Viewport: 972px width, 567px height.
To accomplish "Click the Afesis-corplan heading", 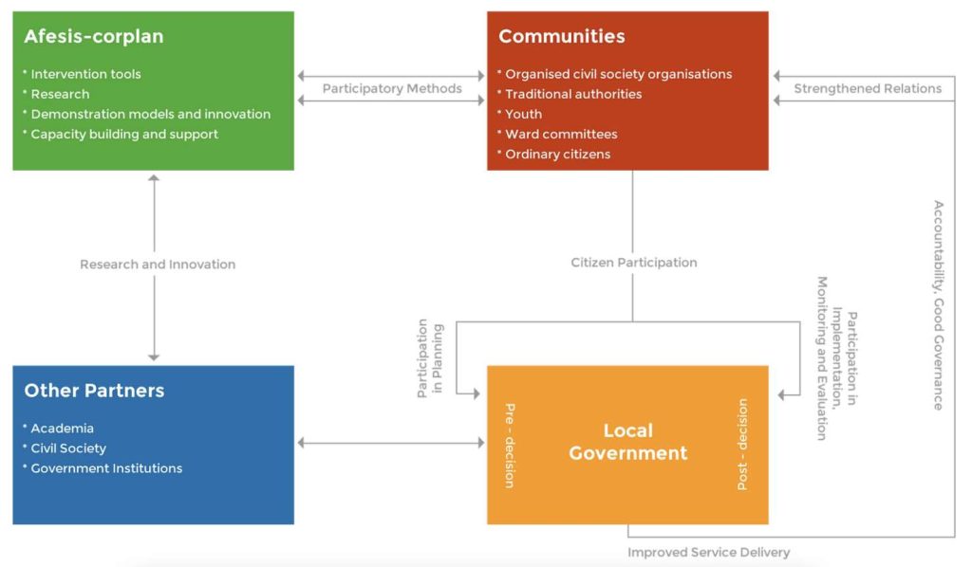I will [x=94, y=37].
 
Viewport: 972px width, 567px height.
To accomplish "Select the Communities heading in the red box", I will [x=562, y=37].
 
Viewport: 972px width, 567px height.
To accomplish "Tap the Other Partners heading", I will [x=94, y=391].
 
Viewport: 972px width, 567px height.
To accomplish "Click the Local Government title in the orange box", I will [x=627, y=442].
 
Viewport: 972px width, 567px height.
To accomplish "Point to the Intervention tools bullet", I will [x=85, y=74].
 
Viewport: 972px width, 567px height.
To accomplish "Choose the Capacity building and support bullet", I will [x=124, y=134].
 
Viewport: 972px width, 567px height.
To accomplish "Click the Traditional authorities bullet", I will [x=573, y=94].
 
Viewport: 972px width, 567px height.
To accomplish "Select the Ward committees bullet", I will [x=561, y=134].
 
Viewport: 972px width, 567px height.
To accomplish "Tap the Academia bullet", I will [x=62, y=429].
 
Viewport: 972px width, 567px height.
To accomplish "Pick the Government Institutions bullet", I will [x=106, y=468].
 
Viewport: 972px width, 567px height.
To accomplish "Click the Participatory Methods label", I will [x=392, y=88].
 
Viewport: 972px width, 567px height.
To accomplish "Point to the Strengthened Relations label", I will [x=868, y=88].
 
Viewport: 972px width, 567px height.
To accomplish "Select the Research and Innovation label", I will [x=158, y=265].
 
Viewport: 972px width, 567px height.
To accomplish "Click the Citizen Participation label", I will [x=634, y=263].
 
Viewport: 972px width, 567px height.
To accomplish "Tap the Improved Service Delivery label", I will [x=708, y=552].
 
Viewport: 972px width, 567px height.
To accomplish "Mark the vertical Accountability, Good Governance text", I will [x=938, y=304].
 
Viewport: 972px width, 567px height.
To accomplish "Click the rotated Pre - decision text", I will [x=510, y=445].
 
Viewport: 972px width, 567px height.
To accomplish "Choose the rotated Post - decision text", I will [x=743, y=444].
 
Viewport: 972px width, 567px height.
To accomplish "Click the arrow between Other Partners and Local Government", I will [x=390, y=443].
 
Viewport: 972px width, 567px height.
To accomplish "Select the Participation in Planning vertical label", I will [x=430, y=358].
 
